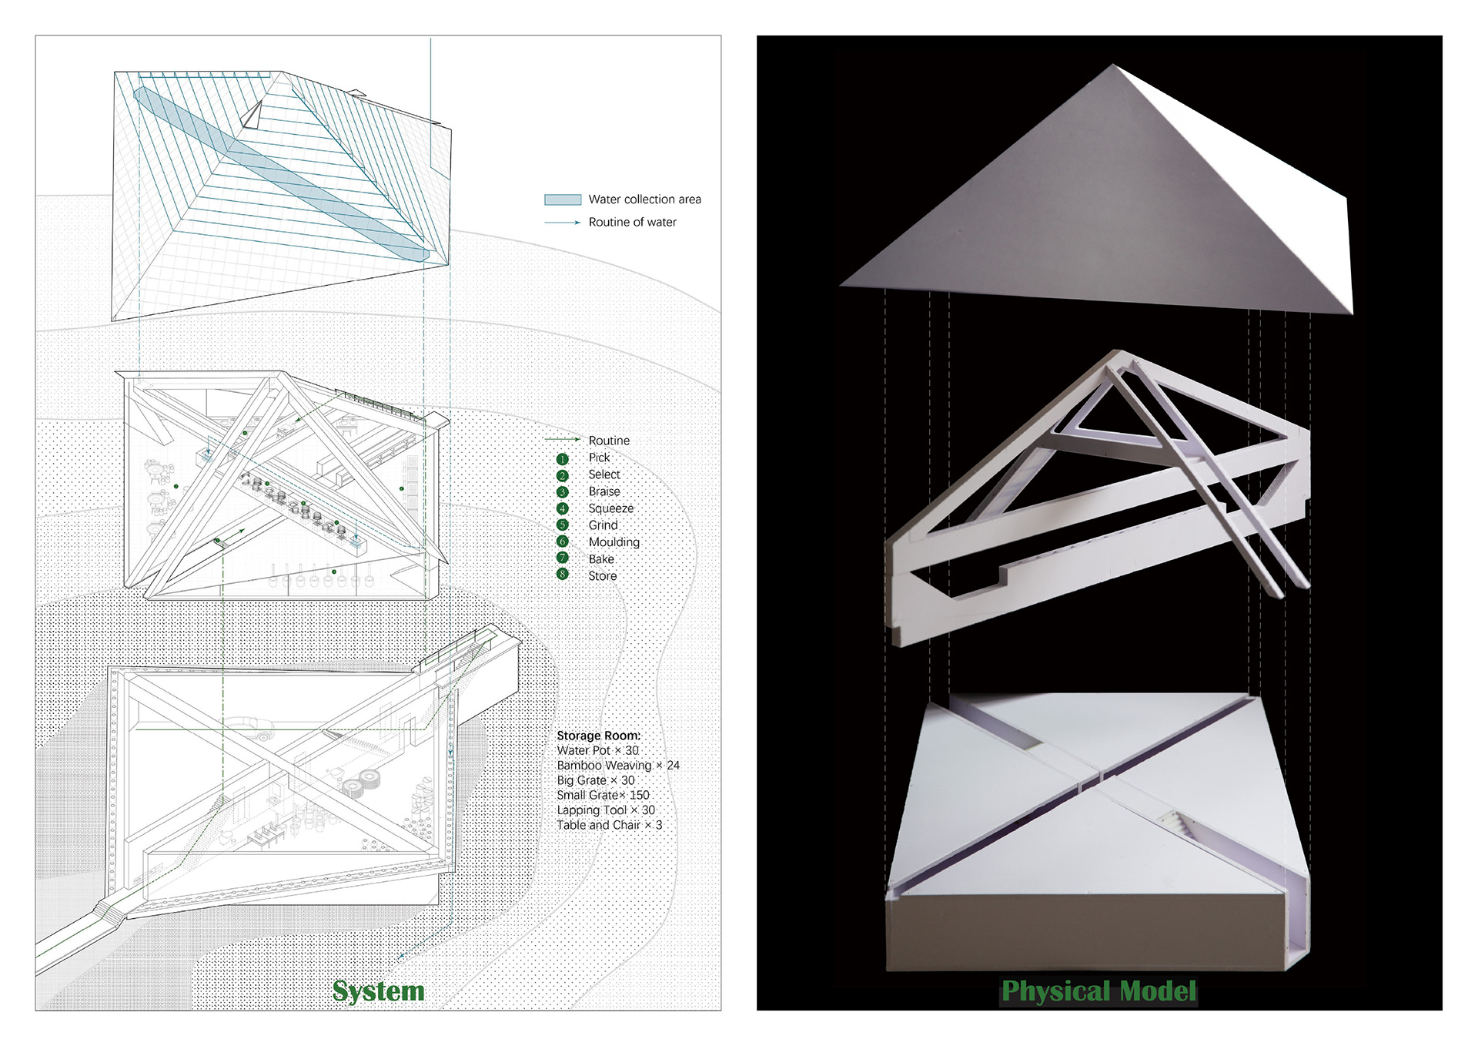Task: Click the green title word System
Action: (x=378, y=991)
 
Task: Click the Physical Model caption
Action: (x=1098, y=991)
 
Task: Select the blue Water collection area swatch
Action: (x=563, y=199)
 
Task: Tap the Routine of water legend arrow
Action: (x=563, y=223)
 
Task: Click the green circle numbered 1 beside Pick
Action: (x=563, y=459)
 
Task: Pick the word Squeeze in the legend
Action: (x=610, y=508)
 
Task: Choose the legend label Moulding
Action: (x=614, y=542)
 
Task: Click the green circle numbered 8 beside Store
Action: (x=563, y=575)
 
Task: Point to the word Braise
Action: (x=604, y=491)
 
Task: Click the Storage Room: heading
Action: (x=598, y=736)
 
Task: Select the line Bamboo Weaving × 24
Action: (x=618, y=766)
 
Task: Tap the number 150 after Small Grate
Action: (x=640, y=795)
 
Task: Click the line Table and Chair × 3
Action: (x=609, y=825)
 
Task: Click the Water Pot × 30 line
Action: (x=597, y=750)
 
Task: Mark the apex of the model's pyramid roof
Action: (x=1113, y=65)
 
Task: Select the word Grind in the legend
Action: (x=603, y=525)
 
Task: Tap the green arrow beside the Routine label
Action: (x=563, y=440)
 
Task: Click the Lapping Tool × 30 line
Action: (x=606, y=810)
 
